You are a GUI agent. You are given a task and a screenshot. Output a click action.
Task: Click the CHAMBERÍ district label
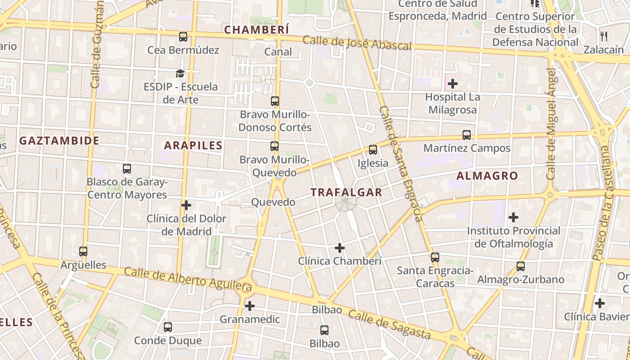pyautogui.click(x=256, y=30)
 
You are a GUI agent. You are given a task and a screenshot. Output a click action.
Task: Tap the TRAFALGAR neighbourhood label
pyautogui.click(x=346, y=193)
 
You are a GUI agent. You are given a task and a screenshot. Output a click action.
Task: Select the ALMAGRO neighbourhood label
pyautogui.click(x=487, y=176)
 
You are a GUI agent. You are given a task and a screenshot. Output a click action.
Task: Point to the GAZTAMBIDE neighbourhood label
pyautogui.click(x=59, y=141)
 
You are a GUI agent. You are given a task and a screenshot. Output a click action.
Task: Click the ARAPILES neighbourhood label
pyautogui.click(x=193, y=145)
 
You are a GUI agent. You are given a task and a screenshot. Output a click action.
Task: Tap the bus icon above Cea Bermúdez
pyautogui.click(x=183, y=37)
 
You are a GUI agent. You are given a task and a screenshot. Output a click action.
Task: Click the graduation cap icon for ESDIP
pyautogui.click(x=180, y=73)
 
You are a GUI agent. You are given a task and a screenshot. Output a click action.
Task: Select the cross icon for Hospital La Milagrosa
pyautogui.click(x=452, y=84)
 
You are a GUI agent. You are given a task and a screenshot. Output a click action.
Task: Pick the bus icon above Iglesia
pyautogui.click(x=373, y=150)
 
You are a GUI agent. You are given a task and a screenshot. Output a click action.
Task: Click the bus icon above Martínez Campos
pyautogui.click(x=467, y=135)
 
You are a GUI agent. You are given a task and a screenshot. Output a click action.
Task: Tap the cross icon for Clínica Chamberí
pyautogui.click(x=340, y=248)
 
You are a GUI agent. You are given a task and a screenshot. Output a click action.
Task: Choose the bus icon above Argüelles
pyautogui.click(x=83, y=252)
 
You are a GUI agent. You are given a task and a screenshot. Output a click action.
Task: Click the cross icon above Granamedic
pyautogui.click(x=249, y=306)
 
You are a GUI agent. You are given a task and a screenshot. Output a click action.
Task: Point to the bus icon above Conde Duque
pyautogui.click(x=168, y=327)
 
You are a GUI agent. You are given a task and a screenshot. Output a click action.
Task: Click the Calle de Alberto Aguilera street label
pyautogui.click(x=188, y=277)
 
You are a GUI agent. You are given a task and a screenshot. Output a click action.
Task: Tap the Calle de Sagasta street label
pyautogui.click(x=389, y=325)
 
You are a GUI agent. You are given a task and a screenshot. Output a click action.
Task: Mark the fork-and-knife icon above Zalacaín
pyautogui.click(x=604, y=36)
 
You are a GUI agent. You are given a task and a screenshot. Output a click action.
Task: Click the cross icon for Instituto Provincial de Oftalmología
pyautogui.click(x=513, y=218)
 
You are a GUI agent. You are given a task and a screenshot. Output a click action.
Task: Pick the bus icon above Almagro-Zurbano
pyautogui.click(x=521, y=266)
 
